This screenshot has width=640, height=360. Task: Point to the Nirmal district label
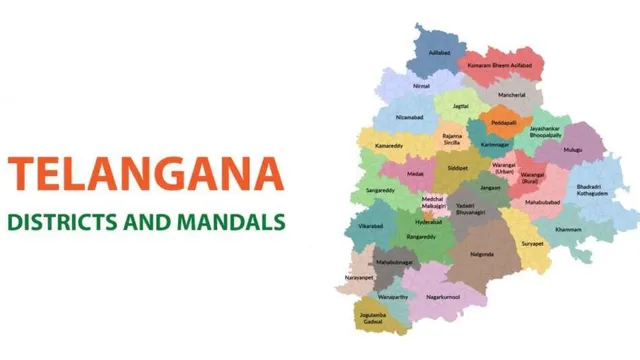tap(421, 85)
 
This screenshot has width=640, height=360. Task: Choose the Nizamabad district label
tap(411, 117)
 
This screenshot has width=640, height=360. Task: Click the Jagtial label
tap(460, 105)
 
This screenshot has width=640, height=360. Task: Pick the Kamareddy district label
tap(389, 146)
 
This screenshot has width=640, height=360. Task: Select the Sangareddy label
tap(380, 190)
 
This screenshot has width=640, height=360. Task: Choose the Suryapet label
tap(531, 243)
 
